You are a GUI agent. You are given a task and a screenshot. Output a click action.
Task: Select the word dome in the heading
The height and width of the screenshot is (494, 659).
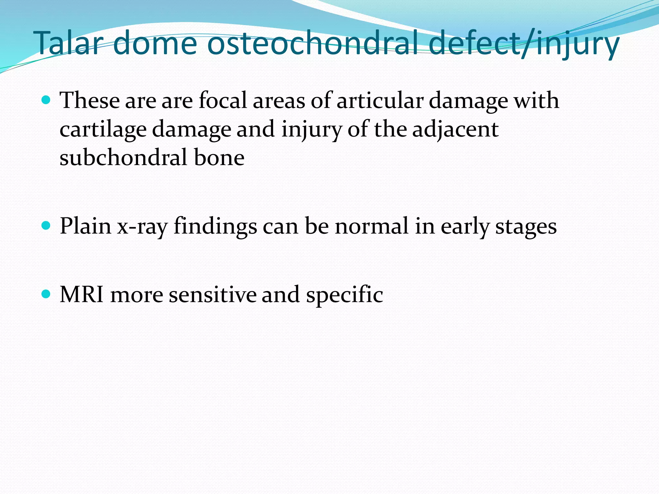pyautogui.click(x=155, y=43)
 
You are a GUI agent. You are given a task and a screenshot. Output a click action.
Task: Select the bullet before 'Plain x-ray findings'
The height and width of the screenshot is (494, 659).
pyautogui.click(x=46, y=226)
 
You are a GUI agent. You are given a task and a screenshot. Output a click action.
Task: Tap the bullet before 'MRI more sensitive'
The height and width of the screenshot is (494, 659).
pyautogui.click(x=46, y=294)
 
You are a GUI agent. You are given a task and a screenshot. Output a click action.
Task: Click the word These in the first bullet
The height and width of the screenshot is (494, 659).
pyautogui.click(x=90, y=100)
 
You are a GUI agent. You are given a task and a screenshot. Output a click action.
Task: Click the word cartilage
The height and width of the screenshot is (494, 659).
pyautogui.click(x=103, y=129)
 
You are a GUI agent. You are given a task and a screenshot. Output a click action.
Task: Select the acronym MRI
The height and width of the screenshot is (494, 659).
pyautogui.click(x=82, y=294)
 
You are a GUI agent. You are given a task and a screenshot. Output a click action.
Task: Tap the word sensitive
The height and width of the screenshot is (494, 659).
pyautogui.click(x=212, y=294)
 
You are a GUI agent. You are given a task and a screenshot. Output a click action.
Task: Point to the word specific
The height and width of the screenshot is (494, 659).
pyautogui.click(x=344, y=295)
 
